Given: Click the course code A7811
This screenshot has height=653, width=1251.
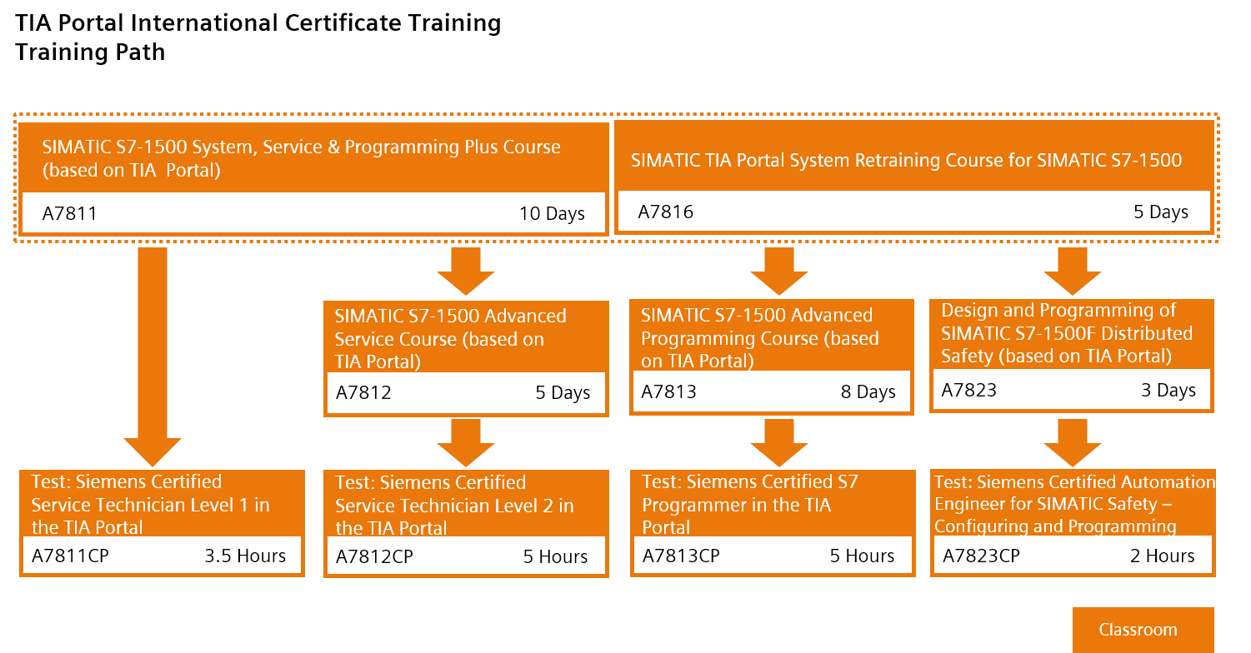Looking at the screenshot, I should pyautogui.click(x=70, y=214).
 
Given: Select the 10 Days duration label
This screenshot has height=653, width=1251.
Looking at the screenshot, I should pyautogui.click(x=552, y=214).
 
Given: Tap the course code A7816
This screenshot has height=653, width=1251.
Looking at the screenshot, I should pyautogui.click(x=665, y=212).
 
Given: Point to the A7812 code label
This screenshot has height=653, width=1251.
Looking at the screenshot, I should pyautogui.click(x=363, y=393).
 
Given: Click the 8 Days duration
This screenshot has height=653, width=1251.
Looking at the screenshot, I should pyautogui.click(x=868, y=392).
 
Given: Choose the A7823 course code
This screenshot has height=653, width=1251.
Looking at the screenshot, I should pyautogui.click(x=968, y=391).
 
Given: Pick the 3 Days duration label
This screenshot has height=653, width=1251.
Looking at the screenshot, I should pyautogui.click(x=1168, y=391).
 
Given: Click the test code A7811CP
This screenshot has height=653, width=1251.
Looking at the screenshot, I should pyautogui.click(x=70, y=556).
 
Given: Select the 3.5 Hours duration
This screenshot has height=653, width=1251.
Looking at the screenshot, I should pyautogui.click(x=245, y=556).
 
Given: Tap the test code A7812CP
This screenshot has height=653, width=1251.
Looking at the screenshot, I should pyautogui.click(x=374, y=557).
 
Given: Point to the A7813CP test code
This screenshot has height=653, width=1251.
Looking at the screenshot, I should pyautogui.click(x=681, y=556).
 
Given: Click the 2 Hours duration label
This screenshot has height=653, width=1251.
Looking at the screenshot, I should pyautogui.click(x=1162, y=556).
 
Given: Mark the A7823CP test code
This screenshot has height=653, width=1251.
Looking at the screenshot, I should pyautogui.click(x=981, y=556).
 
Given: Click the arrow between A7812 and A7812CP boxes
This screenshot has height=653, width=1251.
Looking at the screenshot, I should pyautogui.click(x=465, y=441).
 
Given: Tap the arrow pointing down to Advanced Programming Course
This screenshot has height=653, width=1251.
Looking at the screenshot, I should pyautogui.click(x=779, y=272).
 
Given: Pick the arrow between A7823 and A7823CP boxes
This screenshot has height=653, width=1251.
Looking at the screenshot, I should pyautogui.click(x=1073, y=441).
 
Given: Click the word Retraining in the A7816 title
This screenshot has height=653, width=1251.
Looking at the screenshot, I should pyautogui.click(x=900, y=160).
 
